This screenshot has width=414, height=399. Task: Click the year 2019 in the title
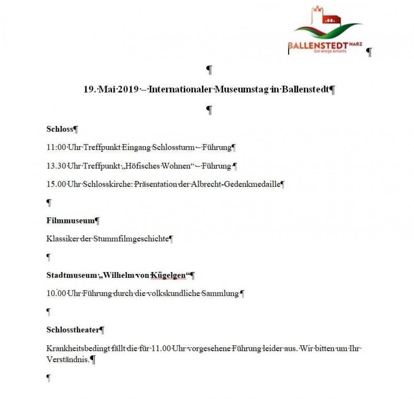(x=128, y=89)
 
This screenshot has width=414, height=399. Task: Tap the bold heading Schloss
(x=60, y=129)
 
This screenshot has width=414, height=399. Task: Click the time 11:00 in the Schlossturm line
(x=55, y=147)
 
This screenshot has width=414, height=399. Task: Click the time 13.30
(x=55, y=166)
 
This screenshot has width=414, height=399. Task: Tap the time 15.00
(x=55, y=184)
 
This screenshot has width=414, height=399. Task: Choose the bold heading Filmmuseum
(x=70, y=221)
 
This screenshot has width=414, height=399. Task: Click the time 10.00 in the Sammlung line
(x=55, y=293)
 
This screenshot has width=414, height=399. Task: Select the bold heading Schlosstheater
(x=73, y=330)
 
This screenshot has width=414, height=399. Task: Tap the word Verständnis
(x=67, y=359)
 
